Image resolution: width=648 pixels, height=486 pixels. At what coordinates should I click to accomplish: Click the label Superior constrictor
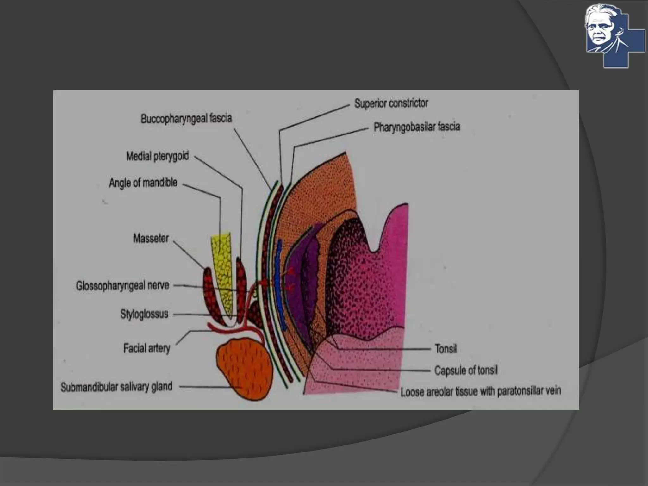(x=391, y=103)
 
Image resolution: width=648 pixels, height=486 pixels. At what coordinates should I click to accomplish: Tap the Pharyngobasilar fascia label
(x=417, y=127)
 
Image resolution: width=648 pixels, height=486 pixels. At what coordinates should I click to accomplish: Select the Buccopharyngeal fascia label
(x=186, y=119)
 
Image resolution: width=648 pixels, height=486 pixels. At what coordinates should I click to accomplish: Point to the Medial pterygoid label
(x=157, y=156)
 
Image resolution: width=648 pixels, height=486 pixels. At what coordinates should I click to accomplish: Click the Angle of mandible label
(x=143, y=183)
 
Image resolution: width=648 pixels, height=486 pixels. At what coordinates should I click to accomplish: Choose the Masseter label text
(x=151, y=238)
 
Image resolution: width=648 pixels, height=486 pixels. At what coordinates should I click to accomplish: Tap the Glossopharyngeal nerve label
(x=122, y=286)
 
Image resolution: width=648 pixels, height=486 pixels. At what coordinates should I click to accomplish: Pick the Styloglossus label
(x=144, y=314)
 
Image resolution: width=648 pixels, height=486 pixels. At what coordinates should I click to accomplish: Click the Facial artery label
(x=147, y=348)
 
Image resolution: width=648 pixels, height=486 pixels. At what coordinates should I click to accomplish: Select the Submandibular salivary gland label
(x=116, y=387)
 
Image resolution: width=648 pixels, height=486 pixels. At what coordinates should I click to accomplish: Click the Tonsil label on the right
(x=446, y=349)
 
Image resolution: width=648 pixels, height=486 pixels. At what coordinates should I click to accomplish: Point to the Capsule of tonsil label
(x=466, y=370)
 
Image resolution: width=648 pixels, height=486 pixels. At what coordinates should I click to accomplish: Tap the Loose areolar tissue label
(x=480, y=392)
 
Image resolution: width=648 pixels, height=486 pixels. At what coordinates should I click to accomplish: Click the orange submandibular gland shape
(x=244, y=369)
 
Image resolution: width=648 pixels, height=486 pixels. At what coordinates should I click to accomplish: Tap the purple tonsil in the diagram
(x=301, y=285)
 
